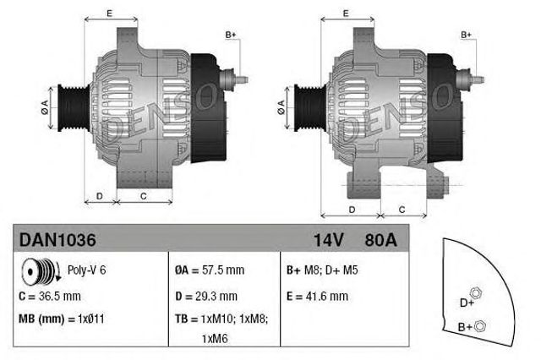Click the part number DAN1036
[x=52, y=241]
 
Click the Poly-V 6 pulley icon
[x=39, y=272]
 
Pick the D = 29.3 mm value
[x=206, y=296]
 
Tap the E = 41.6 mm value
[x=318, y=296]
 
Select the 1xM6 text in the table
[x=209, y=338]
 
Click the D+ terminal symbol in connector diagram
[x=475, y=293]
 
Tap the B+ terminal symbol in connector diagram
[x=480, y=325]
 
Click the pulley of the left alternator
[x=70, y=107]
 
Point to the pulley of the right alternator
[x=306, y=107]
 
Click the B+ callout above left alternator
[x=232, y=35]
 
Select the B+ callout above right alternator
[x=466, y=35]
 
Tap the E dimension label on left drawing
[x=109, y=13]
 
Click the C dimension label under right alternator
[x=402, y=209]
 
